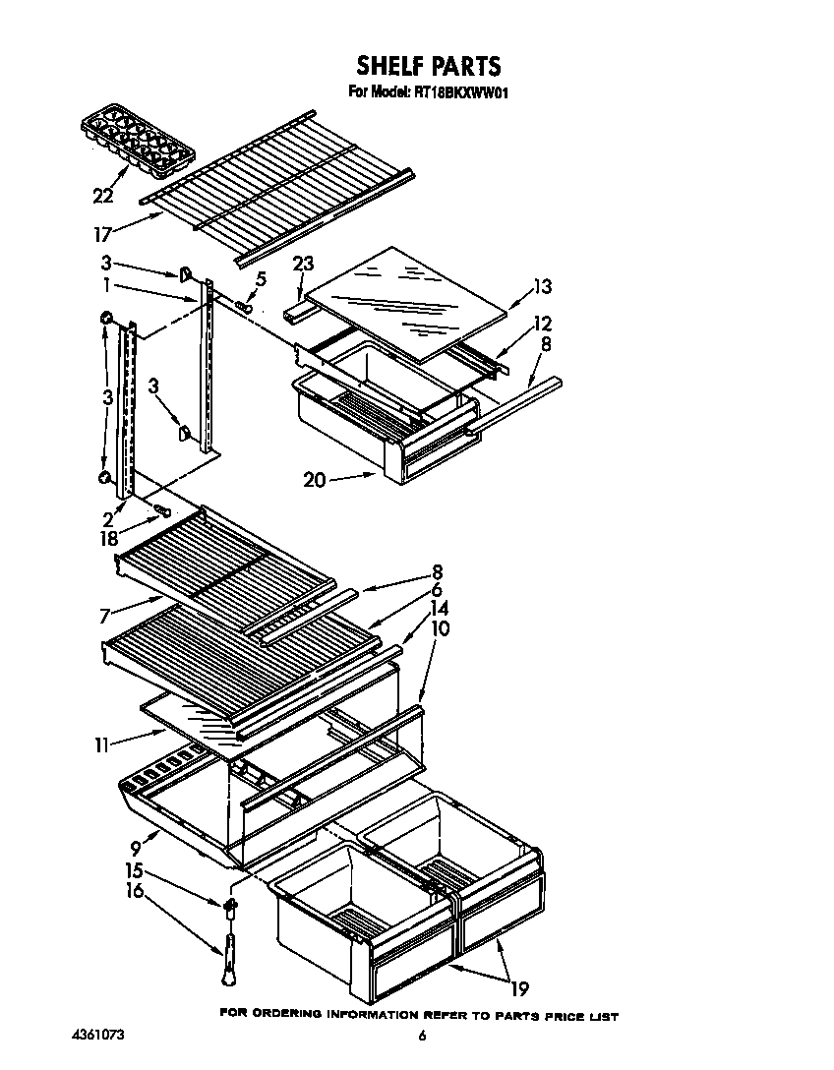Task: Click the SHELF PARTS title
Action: coord(428,66)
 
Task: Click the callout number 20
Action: coord(313,480)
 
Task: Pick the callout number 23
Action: coord(302,264)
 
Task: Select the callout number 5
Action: coord(260,279)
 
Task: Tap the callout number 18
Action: coord(107,539)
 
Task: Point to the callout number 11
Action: coord(100,744)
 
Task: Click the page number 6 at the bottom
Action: coord(421,1036)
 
